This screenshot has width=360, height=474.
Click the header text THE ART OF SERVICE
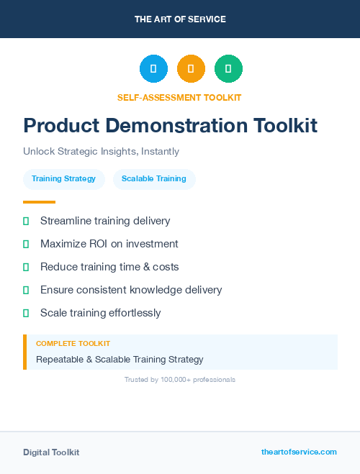pyautogui.click(x=180, y=19)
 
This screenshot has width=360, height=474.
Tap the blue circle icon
pyautogui.click(x=153, y=69)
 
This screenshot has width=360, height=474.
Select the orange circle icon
pyautogui.click(x=191, y=69)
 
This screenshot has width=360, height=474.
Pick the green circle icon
pyautogui.click(x=228, y=69)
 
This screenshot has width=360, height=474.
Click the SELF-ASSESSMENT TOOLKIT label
pyautogui.click(x=179, y=97)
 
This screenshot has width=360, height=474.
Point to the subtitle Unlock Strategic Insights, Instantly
pyautogui.click(x=101, y=152)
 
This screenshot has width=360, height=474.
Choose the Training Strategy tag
pyautogui.click(x=63, y=179)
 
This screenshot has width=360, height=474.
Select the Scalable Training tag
pyautogui.click(x=154, y=179)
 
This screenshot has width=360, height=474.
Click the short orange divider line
pyautogui.click(x=39, y=202)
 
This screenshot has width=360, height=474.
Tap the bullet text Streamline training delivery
pyautogui.click(x=105, y=221)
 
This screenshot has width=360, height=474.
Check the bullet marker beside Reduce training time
pyautogui.click(x=26, y=267)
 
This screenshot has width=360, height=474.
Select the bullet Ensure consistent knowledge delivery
pyautogui.click(x=131, y=290)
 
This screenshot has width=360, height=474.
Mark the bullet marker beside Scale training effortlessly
pyautogui.click(x=26, y=313)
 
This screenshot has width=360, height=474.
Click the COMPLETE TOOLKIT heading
pyautogui.click(x=73, y=344)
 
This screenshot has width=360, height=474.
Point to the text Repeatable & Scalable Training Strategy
pyautogui.click(x=120, y=359)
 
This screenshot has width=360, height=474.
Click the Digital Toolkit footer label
pyautogui.click(x=51, y=452)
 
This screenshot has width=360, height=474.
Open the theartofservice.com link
pyautogui.click(x=299, y=452)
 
